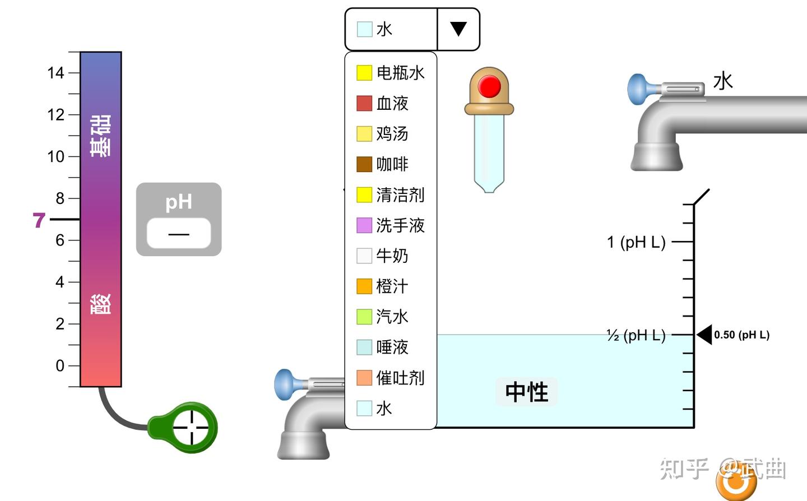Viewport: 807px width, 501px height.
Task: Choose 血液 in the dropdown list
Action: click(x=392, y=103)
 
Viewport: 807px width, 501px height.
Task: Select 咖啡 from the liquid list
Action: click(x=392, y=164)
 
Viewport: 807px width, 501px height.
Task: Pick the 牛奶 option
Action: click(x=392, y=256)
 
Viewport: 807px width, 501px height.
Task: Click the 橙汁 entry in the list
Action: click(x=392, y=286)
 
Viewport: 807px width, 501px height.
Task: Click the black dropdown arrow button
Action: click(x=458, y=29)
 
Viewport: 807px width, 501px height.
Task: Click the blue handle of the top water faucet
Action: click(x=638, y=89)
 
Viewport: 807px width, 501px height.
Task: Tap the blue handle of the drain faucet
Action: click(x=285, y=384)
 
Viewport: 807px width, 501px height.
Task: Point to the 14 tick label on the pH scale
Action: click(x=55, y=73)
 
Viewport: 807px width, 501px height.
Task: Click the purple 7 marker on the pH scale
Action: click(x=39, y=220)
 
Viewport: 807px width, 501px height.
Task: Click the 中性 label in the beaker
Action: click(x=526, y=392)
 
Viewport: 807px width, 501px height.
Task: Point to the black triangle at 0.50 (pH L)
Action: click(x=704, y=335)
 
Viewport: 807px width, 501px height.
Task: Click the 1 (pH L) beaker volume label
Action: click(x=636, y=242)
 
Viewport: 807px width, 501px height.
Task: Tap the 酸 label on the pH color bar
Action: click(x=101, y=304)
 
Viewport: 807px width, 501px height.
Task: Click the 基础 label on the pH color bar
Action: click(x=101, y=136)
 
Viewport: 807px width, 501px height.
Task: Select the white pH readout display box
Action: click(x=179, y=233)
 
